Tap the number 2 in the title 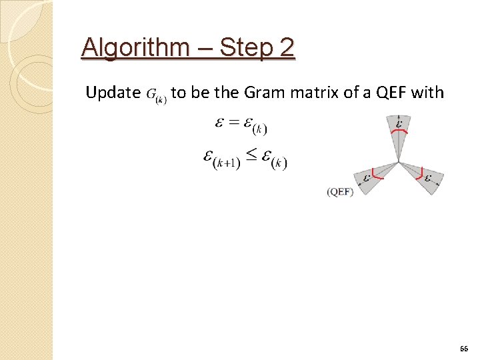click(285, 48)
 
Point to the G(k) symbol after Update click(156, 94)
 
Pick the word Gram click(264, 93)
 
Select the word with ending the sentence click(427, 93)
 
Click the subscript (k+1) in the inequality click(227, 165)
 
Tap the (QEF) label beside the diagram click(340, 191)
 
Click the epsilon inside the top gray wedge click(399, 123)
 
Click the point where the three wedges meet click(399, 162)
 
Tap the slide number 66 click(464, 349)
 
